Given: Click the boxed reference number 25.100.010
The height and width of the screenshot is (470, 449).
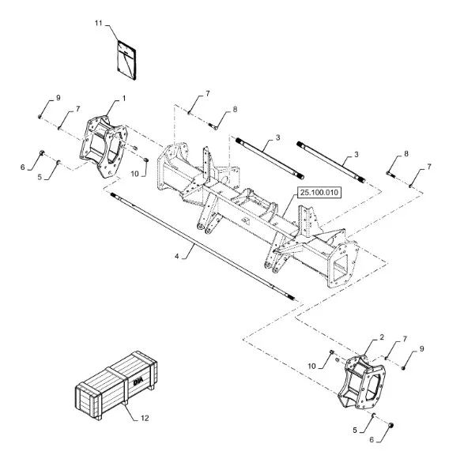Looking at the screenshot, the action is tap(319, 193).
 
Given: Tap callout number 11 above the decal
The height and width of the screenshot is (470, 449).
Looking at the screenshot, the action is tap(99, 23).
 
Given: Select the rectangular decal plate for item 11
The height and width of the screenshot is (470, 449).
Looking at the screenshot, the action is tap(126, 60).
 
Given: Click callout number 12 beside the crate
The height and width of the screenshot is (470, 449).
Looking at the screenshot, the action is tap(145, 418).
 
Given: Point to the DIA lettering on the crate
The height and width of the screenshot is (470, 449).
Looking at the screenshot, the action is tap(138, 382).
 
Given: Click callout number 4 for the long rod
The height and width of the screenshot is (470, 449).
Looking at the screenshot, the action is tap(177, 256).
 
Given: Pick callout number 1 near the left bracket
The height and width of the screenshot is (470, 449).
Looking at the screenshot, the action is tap(123, 99).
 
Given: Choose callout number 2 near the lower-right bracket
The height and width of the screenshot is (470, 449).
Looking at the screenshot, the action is tap(382, 337).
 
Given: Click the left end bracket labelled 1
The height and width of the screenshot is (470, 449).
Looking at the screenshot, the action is tap(104, 147).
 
